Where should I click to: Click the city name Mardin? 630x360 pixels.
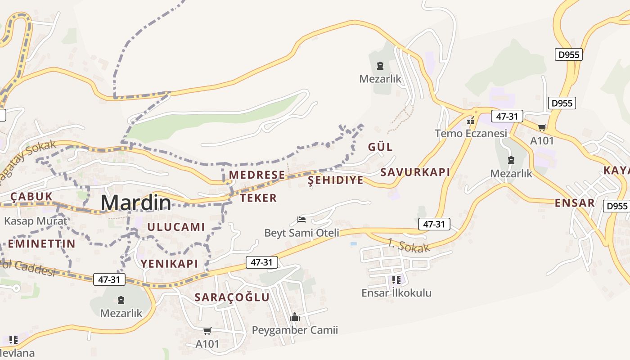(x=136, y=203)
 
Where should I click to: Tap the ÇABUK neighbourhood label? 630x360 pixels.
(x=31, y=196)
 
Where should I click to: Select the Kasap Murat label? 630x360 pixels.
(x=36, y=221)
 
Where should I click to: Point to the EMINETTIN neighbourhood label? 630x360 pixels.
(x=41, y=244)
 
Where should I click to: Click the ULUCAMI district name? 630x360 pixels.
(x=176, y=227)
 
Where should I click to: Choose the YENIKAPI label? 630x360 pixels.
(x=169, y=264)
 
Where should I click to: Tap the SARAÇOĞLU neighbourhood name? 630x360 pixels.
(x=232, y=297)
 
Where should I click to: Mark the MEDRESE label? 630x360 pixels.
(x=257, y=175)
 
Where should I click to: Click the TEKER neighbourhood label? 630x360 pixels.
(x=258, y=198)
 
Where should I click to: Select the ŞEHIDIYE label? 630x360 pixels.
(x=335, y=180)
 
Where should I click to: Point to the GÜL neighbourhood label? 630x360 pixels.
(x=380, y=147)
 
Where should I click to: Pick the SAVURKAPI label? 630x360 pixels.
(x=415, y=172)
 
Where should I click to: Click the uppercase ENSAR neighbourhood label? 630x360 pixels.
(x=574, y=202)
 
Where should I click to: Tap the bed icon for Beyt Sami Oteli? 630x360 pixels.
(x=301, y=220)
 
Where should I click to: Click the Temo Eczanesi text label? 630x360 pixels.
(x=471, y=133)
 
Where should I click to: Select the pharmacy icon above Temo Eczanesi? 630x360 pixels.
(x=471, y=121)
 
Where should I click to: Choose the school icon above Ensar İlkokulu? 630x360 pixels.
(x=396, y=280)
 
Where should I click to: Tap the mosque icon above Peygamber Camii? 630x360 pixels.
(x=295, y=317)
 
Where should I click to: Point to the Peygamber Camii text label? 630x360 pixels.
(x=295, y=330)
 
